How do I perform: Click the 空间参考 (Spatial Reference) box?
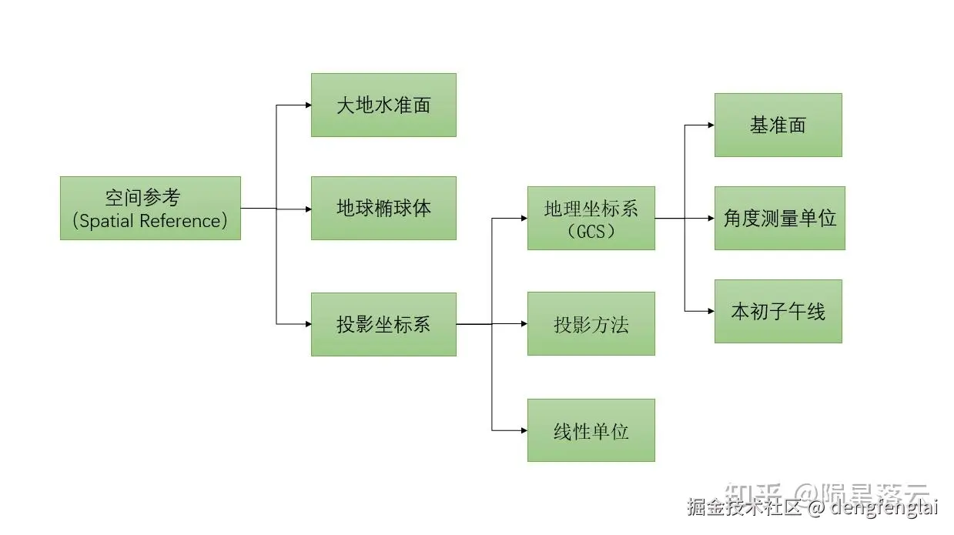point(150,208)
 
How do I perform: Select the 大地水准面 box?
point(383,105)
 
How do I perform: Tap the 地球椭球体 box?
point(383,208)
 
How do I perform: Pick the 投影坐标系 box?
point(383,324)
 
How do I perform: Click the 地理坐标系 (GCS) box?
point(591,218)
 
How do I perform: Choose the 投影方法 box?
point(591,323)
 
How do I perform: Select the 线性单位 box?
point(591,430)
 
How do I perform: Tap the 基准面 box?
point(778,125)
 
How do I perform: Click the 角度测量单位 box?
point(779,218)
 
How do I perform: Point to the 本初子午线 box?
point(778,311)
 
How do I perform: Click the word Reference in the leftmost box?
point(186,221)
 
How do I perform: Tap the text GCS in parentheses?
point(591,232)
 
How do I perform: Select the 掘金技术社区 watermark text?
point(744,507)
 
